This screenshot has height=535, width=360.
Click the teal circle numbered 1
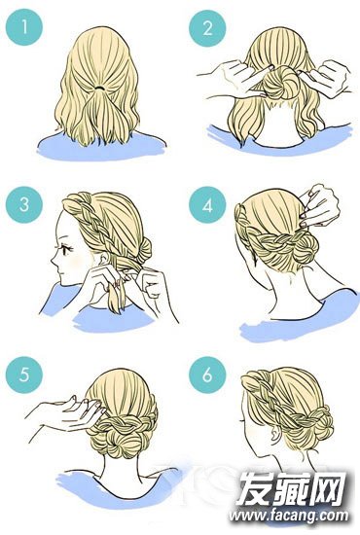pyautogui.click(x=24, y=27)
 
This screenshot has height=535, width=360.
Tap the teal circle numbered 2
pyautogui.click(x=207, y=27)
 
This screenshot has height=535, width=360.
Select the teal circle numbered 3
pyautogui.click(x=24, y=204)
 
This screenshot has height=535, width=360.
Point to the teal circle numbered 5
pyautogui.click(x=24, y=374)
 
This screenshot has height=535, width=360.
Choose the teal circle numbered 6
pyautogui.click(x=207, y=374)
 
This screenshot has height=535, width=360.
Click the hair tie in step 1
pyautogui.click(x=99, y=88)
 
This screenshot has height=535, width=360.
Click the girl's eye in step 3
pyautogui.click(x=67, y=249)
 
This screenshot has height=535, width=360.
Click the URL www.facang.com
pyautogui.click(x=289, y=517)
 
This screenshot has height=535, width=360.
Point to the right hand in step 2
pyautogui.click(x=326, y=79)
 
